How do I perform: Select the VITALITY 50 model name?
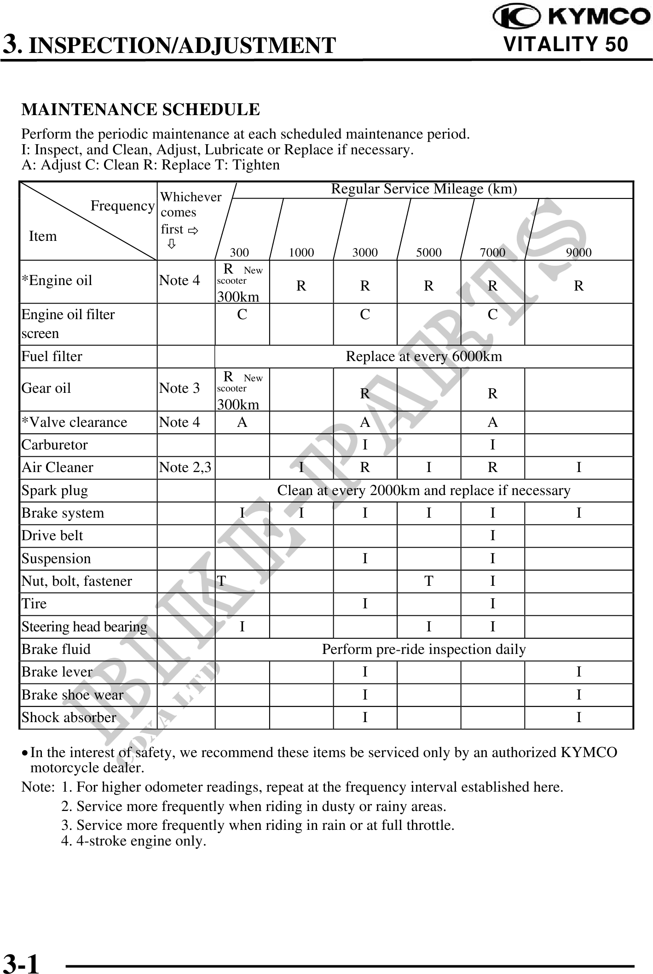click(566, 45)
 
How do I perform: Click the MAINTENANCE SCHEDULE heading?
click(140, 110)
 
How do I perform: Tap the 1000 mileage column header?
click(301, 252)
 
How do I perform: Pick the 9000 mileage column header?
click(578, 252)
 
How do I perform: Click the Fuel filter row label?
click(52, 356)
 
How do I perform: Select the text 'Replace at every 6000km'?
click(423, 356)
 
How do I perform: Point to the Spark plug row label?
click(55, 490)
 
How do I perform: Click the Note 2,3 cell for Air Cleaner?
click(185, 467)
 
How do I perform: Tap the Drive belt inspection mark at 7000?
click(492, 536)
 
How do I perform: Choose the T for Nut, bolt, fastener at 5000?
click(428, 581)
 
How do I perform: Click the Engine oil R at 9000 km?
click(578, 286)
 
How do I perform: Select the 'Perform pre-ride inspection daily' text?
click(423, 649)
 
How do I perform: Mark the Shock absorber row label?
click(69, 717)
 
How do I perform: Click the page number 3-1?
click(21, 962)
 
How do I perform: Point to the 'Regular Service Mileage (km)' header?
click(424, 189)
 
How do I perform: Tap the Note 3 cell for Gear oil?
click(179, 388)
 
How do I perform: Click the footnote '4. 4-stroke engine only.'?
click(133, 841)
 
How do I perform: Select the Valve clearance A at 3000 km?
click(365, 422)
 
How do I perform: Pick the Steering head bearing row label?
click(84, 627)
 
